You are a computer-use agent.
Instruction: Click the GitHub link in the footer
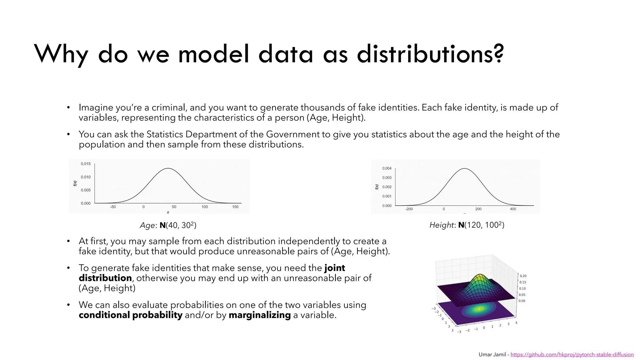[x=572, y=354]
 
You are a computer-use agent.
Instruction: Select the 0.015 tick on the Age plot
[x=86, y=164]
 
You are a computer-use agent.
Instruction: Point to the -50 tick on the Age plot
[x=113, y=207]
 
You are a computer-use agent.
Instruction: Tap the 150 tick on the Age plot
[x=235, y=207]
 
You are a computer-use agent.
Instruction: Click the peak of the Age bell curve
[x=168, y=169]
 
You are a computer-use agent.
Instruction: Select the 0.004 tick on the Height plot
[x=387, y=168]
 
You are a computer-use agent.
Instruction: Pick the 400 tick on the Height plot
[x=513, y=209]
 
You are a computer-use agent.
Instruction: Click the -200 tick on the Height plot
[x=409, y=209]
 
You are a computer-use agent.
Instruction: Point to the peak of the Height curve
[x=465, y=169]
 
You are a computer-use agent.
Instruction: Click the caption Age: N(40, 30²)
[x=168, y=225]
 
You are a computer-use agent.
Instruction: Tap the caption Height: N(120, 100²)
[x=467, y=225]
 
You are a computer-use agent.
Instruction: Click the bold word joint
[x=335, y=268]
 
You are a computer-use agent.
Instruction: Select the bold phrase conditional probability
[x=130, y=315]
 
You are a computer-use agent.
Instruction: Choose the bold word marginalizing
[x=260, y=315]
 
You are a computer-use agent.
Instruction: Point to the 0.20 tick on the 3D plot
[x=523, y=276]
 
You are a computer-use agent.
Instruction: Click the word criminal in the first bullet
[x=169, y=107]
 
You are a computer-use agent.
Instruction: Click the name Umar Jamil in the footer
[x=492, y=354]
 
